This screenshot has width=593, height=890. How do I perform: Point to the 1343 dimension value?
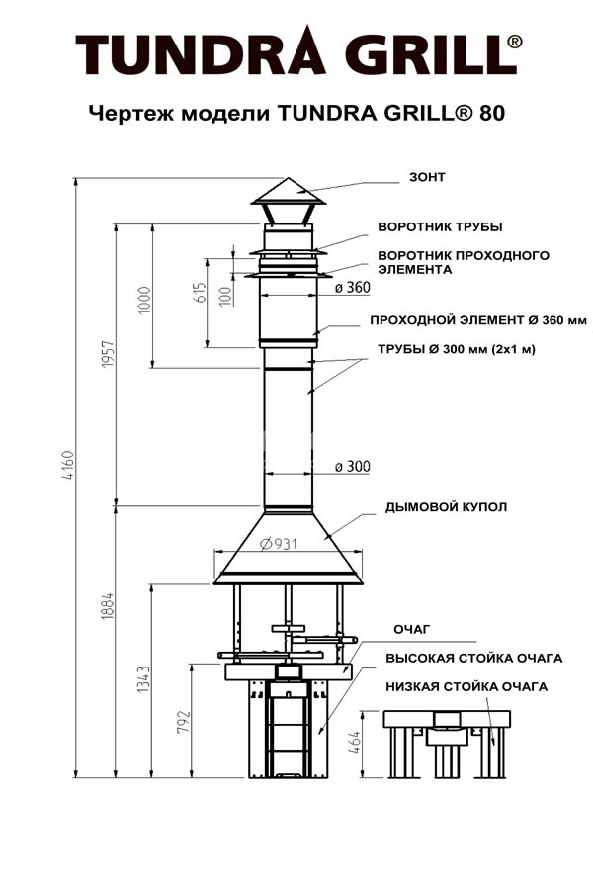tap(143, 679)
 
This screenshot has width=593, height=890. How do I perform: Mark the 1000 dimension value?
tap(144, 299)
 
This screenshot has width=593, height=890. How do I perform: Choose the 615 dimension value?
tap(200, 293)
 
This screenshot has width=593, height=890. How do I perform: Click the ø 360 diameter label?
tap(352, 289)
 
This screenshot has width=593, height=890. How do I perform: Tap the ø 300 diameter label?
tap(352, 466)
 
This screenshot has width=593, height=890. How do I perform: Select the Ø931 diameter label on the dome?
tap(280, 543)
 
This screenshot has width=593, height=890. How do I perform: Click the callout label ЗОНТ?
tap(427, 178)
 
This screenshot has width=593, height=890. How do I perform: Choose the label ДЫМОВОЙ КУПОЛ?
tap(447, 507)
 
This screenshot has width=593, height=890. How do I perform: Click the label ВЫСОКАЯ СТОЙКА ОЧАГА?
tap(473, 658)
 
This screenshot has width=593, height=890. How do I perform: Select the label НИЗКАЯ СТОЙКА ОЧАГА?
tap(466, 686)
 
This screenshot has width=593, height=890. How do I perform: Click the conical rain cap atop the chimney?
tap(288, 191)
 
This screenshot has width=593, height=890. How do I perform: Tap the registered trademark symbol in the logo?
tap(515, 42)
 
